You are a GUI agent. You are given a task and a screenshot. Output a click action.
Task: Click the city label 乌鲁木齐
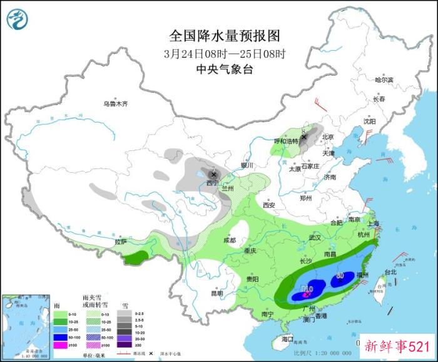pyautogui.click(x=116, y=104)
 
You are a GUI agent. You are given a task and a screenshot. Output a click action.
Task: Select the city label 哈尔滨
pyautogui.click(x=384, y=80)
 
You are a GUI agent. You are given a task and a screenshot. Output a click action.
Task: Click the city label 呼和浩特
pyautogui.click(x=286, y=142)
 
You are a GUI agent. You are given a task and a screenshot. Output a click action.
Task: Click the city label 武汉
pyautogui.click(x=315, y=237)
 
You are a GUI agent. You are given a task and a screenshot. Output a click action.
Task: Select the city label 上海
pyautogui.click(x=374, y=223)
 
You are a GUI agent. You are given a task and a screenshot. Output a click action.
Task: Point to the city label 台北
pyautogui.click(x=390, y=272)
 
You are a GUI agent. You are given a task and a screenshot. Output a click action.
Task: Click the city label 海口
pyautogui.click(x=288, y=339)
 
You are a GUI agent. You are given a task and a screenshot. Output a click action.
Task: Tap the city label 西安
pyautogui.click(x=269, y=205)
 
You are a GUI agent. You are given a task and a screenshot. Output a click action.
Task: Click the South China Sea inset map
pyautogui.click(x=25, y=327)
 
